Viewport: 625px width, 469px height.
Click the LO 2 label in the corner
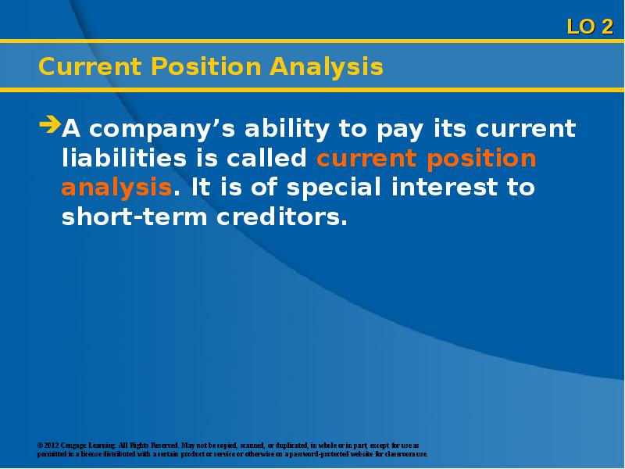click(x=590, y=27)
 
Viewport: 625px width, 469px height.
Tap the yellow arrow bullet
click(x=50, y=124)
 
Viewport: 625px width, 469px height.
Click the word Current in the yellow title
click(x=90, y=66)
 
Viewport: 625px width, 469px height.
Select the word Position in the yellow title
click(x=205, y=66)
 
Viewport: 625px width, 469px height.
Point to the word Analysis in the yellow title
click(x=327, y=67)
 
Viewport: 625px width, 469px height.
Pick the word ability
click(x=287, y=129)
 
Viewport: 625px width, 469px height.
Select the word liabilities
click(x=124, y=158)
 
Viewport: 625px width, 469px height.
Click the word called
click(x=266, y=158)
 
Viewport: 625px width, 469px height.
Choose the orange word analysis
click(x=116, y=188)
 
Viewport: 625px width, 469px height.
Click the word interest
click(x=445, y=187)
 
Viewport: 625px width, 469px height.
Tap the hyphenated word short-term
click(x=134, y=217)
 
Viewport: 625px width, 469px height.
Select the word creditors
click(x=282, y=217)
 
